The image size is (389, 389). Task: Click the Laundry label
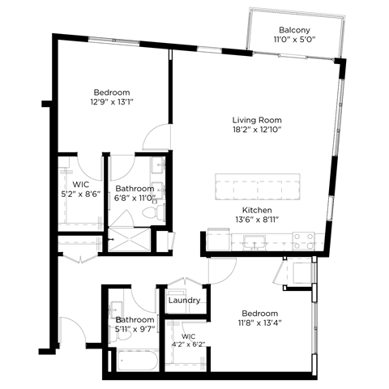point(185,301)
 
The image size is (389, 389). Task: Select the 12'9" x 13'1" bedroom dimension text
point(110,102)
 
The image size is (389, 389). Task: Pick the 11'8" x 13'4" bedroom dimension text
point(259,323)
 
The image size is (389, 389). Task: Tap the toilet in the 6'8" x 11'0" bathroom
point(151,212)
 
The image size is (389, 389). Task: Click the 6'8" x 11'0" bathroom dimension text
point(134,199)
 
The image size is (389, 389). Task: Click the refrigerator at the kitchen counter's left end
point(217,239)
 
